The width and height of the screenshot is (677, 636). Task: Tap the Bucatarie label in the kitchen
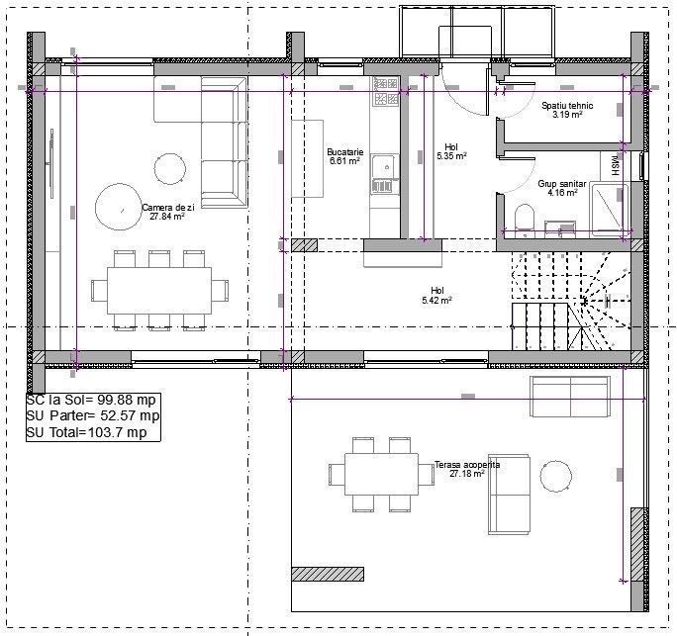[x=345, y=152]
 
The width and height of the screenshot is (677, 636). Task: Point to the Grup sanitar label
[x=561, y=184]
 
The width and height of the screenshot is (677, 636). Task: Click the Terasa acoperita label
[x=467, y=464]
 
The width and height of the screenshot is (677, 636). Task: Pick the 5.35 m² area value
[x=451, y=156]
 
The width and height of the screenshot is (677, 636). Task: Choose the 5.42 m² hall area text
[x=436, y=300]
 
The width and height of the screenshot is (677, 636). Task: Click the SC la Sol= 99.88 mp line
[x=91, y=401]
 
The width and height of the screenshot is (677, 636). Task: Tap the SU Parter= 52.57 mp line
[x=91, y=416]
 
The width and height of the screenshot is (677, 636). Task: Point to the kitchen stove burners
[x=384, y=92]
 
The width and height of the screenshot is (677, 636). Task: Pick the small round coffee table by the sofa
[x=171, y=166]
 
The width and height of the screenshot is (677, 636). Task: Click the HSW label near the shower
[x=615, y=167]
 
